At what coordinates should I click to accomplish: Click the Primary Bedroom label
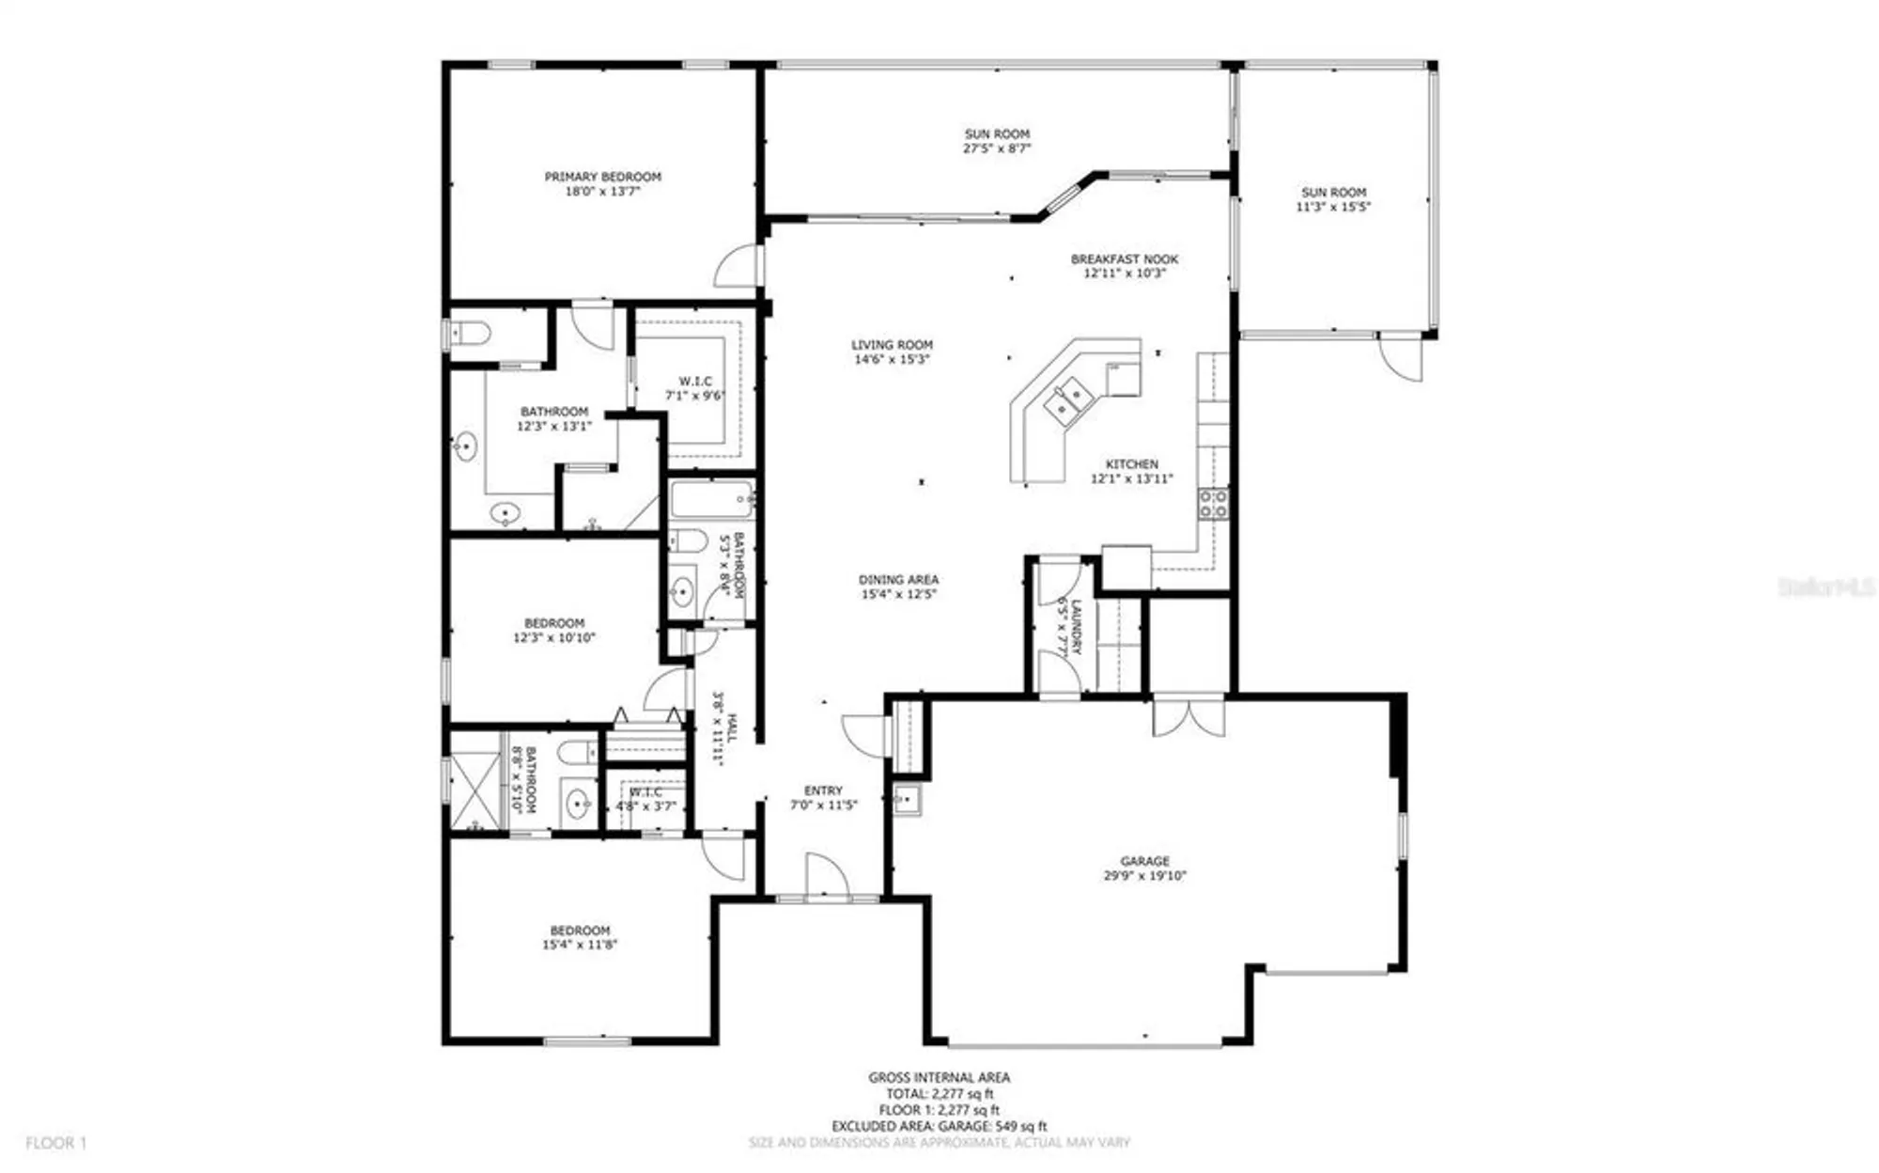602,177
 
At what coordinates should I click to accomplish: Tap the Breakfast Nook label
1124,259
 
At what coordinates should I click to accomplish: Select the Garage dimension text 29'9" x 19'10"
1144,876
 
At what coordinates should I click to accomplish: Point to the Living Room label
892,345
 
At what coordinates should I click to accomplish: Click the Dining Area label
898,580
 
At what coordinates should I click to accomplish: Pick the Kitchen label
1131,464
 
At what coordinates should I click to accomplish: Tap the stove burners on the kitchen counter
1212,504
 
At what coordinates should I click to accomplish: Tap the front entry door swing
826,876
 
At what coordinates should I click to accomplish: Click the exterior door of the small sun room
1400,358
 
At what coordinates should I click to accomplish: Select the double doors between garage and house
1188,716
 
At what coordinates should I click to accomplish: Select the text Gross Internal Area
939,1077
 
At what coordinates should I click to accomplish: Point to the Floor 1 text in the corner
55,1143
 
